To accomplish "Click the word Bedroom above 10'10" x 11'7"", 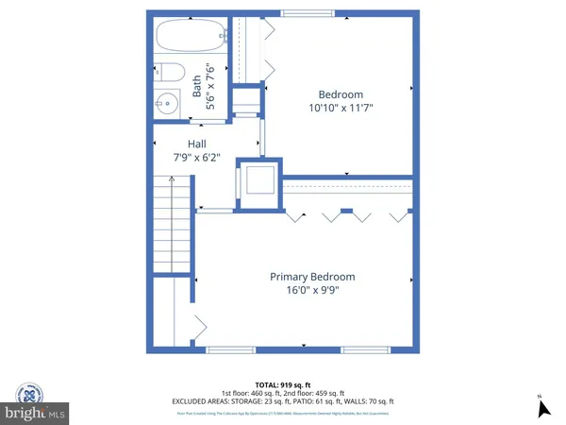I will [341, 94].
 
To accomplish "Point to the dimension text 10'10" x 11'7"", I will [341, 109].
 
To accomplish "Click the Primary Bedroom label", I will [312, 277].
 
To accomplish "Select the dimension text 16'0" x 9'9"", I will [312, 291].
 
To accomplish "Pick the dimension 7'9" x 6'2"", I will [196, 157].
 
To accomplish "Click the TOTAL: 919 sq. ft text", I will [283, 385].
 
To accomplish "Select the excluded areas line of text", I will [283, 400].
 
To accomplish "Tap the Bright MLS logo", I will [35, 413].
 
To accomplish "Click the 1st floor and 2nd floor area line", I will [283, 393].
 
